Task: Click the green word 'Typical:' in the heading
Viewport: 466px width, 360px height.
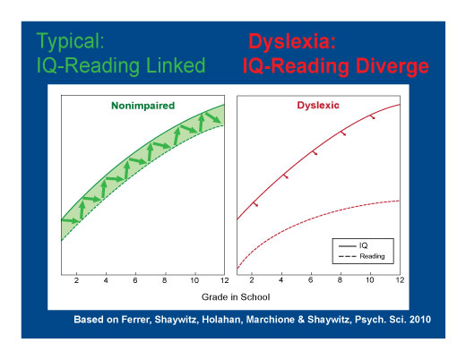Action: coord(70,41)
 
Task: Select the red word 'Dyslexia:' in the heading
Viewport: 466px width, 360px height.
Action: coord(292,42)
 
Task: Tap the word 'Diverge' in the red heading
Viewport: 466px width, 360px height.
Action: coord(393,66)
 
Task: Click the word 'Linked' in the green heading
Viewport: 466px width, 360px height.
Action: coord(176,65)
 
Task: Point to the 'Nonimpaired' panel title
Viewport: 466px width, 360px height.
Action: coord(142,106)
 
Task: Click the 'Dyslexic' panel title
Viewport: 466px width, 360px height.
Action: coord(318,106)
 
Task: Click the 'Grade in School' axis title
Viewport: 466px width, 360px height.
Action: coord(236,297)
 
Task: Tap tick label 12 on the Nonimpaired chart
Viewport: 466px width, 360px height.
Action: coord(224,280)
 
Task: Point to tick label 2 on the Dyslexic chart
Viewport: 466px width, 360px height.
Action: coord(252,280)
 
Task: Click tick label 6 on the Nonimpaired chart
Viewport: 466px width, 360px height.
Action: coord(135,280)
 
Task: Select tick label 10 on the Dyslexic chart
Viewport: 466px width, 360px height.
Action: coord(369,280)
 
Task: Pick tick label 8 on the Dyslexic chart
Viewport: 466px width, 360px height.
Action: coord(340,280)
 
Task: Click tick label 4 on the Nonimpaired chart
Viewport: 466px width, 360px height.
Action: coord(106,280)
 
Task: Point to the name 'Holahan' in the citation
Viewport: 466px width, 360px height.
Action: coord(221,320)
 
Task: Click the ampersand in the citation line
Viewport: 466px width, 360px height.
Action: coord(301,320)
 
